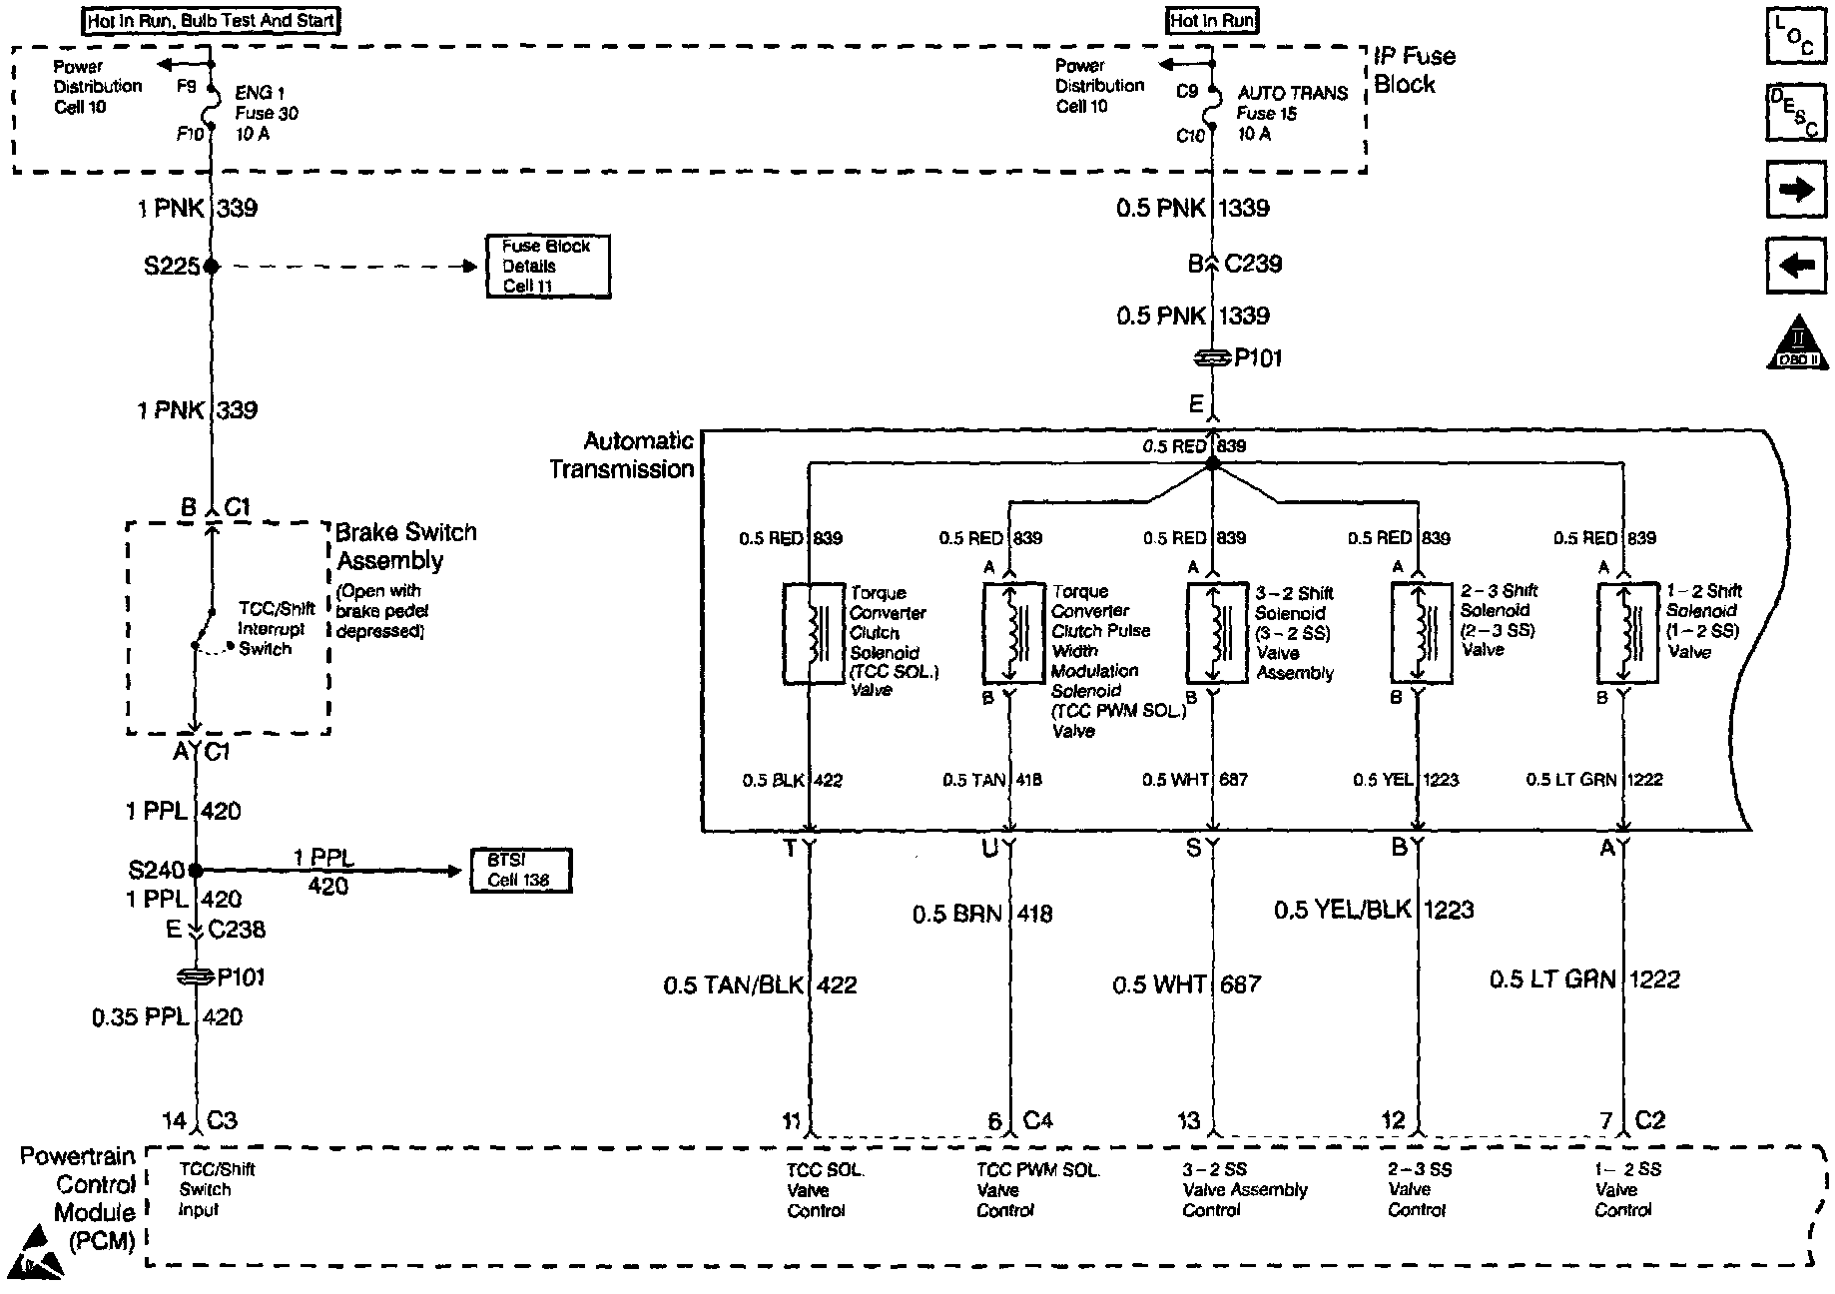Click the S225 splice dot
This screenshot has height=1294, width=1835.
click(x=211, y=267)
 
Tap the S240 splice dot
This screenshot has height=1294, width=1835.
click(x=196, y=871)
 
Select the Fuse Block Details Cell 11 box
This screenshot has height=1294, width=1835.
click(x=547, y=267)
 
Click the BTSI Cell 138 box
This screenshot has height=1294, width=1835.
click(x=520, y=871)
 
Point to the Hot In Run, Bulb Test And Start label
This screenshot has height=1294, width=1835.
click(x=211, y=21)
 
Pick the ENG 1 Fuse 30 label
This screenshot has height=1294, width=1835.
click(x=266, y=113)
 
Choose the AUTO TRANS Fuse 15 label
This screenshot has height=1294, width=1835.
click(x=1292, y=113)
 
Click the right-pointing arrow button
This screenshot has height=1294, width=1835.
click(x=1796, y=189)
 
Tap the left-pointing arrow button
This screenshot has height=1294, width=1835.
click(x=1796, y=265)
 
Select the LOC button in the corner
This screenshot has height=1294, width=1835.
click(x=1795, y=40)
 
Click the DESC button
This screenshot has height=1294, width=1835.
click(x=1795, y=113)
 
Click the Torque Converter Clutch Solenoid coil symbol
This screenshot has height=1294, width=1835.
click(x=814, y=634)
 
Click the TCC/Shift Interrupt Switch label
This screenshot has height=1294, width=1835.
click(x=275, y=629)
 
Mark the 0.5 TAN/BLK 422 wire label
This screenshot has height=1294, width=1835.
click(x=760, y=985)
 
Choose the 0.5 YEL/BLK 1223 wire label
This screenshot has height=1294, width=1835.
click(x=1374, y=910)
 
